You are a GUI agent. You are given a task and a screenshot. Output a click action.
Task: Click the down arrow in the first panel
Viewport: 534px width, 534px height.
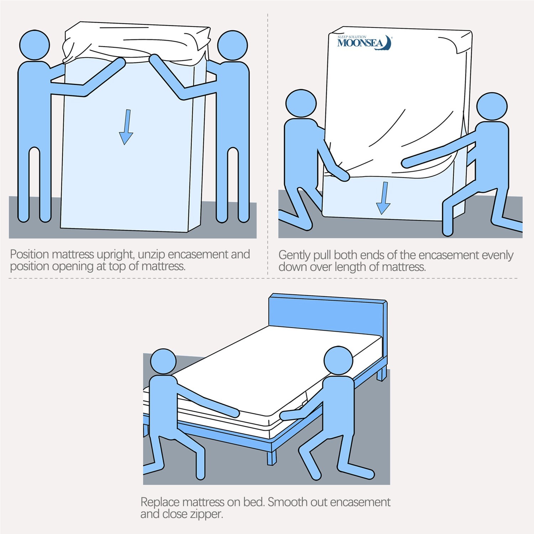126,127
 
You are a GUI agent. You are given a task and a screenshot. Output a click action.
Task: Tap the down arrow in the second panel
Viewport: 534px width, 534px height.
383,198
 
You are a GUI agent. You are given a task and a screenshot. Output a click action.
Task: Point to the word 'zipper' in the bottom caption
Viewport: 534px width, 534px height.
206,514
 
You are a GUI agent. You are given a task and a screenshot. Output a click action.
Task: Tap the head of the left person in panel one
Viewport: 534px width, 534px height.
34,45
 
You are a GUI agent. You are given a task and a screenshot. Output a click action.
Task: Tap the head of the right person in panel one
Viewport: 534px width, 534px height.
232,46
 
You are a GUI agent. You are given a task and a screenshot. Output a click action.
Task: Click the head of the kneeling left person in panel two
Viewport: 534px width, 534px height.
301,104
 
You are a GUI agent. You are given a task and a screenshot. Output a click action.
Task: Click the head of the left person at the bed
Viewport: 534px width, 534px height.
163,361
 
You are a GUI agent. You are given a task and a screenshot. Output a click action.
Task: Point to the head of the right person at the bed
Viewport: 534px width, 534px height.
338,360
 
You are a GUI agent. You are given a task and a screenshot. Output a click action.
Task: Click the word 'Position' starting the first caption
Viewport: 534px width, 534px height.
30,255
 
